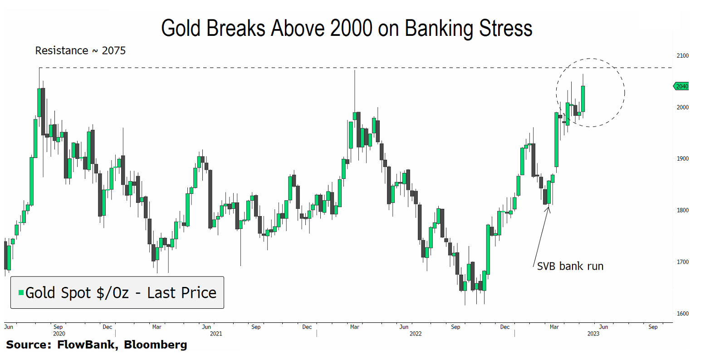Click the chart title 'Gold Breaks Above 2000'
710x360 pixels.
point(347,28)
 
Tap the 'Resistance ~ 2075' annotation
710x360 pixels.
point(80,50)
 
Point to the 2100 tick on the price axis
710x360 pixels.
point(682,56)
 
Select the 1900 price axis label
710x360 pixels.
point(682,159)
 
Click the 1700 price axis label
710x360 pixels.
point(682,262)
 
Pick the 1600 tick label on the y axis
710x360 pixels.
point(682,314)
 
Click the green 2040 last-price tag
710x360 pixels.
point(681,86)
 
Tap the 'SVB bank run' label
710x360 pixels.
point(570,266)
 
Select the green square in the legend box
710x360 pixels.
point(21,293)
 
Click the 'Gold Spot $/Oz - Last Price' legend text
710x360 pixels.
point(121,293)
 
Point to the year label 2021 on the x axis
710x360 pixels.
point(216,334)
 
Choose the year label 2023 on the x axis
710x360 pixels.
point(593,334)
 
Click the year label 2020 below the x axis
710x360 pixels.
point(59,334)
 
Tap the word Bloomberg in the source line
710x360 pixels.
point(155,345)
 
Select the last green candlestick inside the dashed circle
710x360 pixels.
point(583,99)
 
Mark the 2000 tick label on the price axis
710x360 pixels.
point(682,108)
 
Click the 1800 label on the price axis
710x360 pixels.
point(682,211)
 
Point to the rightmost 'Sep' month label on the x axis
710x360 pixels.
point(653,327)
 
